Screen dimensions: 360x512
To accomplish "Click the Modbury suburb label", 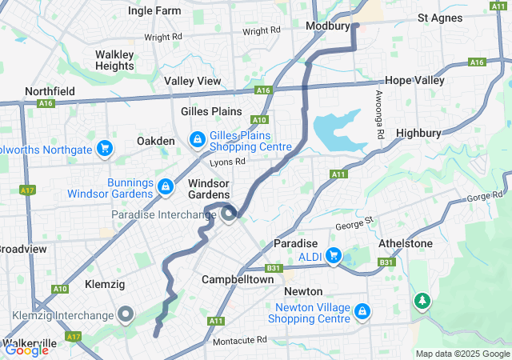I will coord(329,26).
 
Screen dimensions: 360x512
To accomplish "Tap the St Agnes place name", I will coord(440,18).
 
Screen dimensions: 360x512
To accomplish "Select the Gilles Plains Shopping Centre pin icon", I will coord(197,141).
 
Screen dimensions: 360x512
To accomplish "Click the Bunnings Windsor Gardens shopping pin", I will coord(165,186).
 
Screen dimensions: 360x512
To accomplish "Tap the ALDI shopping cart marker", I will coord(334,256).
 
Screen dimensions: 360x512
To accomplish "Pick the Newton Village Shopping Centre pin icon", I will coord(362,310).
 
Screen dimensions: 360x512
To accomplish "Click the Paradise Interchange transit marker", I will coord(230,214).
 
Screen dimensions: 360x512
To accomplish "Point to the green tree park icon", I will coord(421,301).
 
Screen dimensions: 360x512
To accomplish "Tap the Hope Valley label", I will coord(414,81).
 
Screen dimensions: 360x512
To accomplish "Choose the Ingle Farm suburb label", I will coord(154,11).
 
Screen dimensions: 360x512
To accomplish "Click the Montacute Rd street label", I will coord(240,340).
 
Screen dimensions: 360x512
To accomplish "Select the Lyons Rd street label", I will coord(227,162).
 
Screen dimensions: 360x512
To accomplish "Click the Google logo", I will coord(26,349).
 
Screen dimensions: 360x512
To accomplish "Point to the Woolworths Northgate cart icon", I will coord(103,148).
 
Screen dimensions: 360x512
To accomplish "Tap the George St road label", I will coord(354,226).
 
